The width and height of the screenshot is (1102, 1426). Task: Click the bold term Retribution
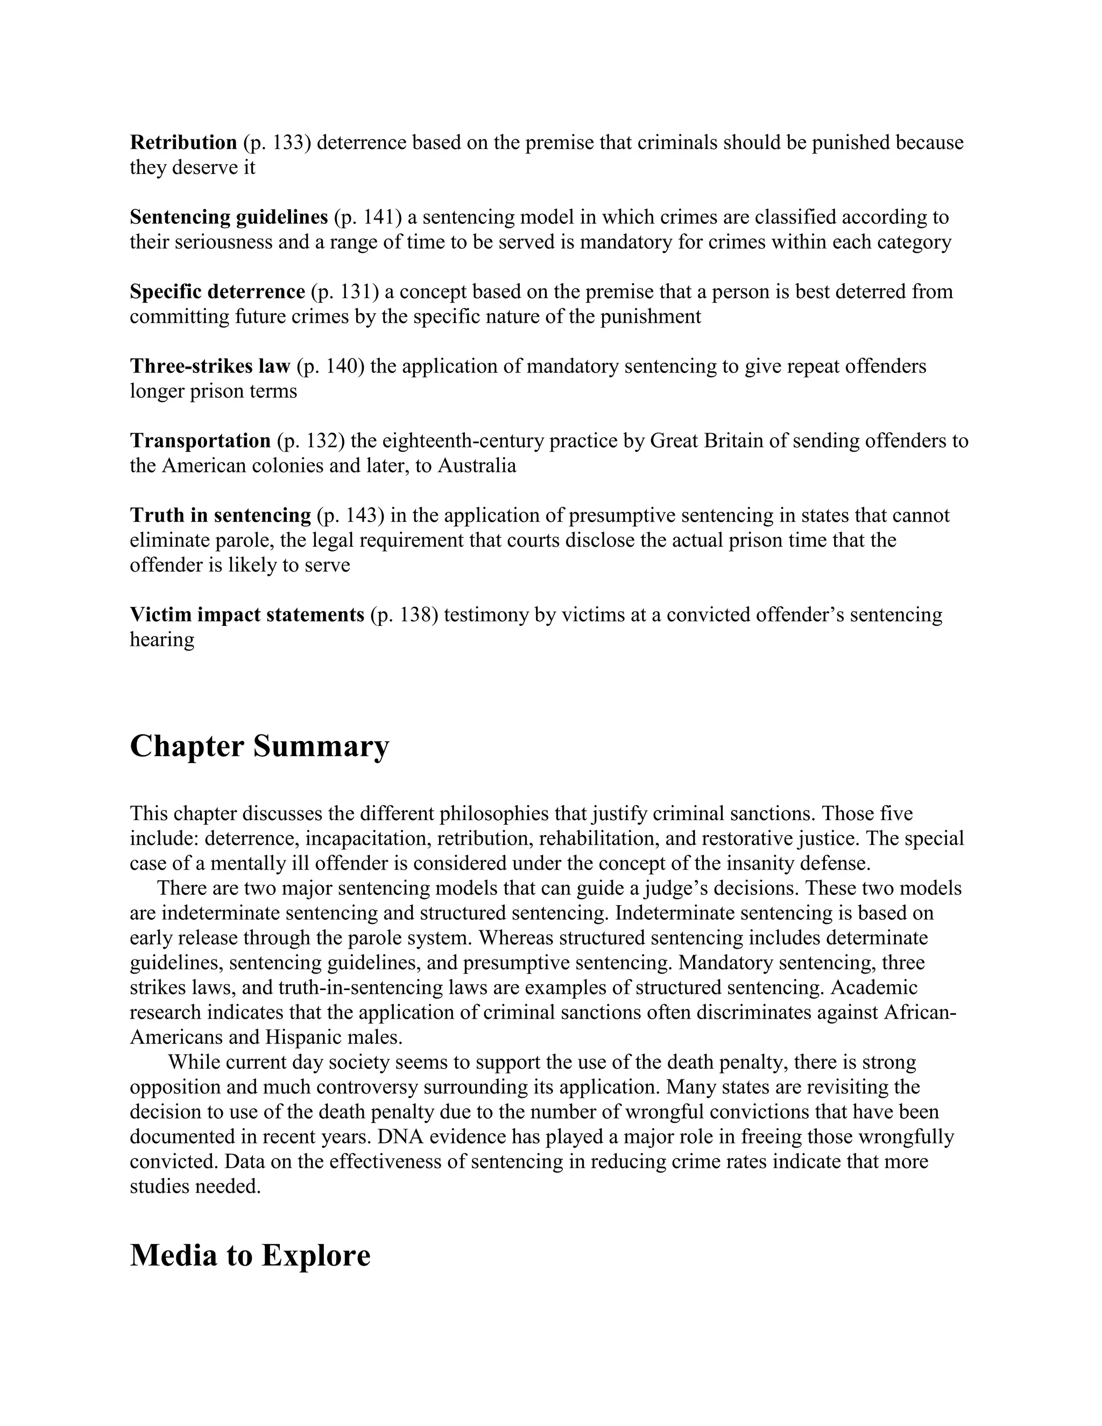(183, 143)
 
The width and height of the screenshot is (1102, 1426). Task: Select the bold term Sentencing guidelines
(229, 217)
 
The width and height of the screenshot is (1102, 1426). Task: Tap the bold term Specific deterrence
(217, 291)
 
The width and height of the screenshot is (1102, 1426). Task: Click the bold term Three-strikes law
(209, 366)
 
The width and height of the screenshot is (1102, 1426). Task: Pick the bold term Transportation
(200, 441)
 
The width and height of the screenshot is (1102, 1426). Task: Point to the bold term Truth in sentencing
(220, 515)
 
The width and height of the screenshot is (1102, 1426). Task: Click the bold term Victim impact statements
(247, 615)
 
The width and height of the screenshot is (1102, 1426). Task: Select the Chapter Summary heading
(259, 746)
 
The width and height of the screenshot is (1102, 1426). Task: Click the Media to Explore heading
(250, 1255)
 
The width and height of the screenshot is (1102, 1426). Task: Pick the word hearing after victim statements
(162, 639)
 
